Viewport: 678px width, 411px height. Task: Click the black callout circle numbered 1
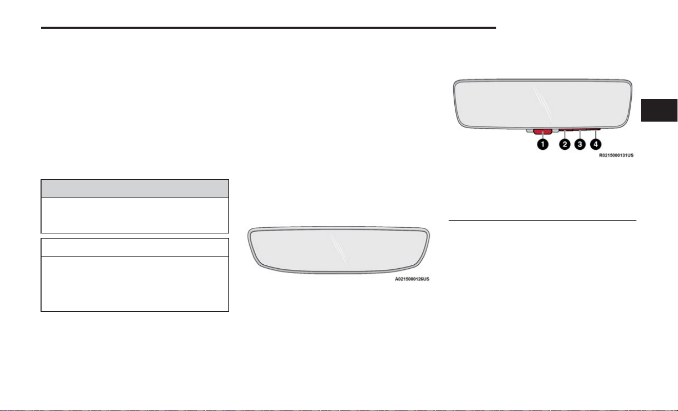click(x=543, y=144)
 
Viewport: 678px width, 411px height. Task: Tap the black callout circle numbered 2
click(x=565, y=144)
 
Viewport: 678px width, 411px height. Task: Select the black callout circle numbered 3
click(x=580, y=144)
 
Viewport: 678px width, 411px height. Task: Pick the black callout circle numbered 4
click(x=596, y=144)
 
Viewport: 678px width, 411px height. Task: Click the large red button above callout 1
click(x=543, y=131)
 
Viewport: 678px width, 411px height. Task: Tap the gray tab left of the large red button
click(x=530, y=131)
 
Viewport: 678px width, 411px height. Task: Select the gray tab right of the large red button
click(x=555, y=131)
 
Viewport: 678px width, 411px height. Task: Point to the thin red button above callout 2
click(x=566, y=130)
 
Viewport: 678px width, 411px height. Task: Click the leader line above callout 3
click(x=580, y=134)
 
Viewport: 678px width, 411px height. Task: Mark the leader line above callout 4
click(x=596, y=134)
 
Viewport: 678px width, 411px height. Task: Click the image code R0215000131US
click(x=616, y=155)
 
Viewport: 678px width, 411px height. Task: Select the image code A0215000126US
click(x=412, y=279)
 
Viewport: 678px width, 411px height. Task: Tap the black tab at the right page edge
click(x=659, y=110)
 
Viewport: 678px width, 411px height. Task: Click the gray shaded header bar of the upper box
click(x=134, y=188)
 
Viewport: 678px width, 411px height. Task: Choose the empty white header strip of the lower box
click(x=134, y=247)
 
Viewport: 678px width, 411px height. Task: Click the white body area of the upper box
click(x=134, y=215)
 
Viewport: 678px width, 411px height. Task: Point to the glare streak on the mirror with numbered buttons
click(x=543, y=102)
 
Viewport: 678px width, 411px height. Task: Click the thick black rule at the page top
click(x=268, y=28)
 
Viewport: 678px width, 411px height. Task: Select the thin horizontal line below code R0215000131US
click(x=543, y=220)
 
